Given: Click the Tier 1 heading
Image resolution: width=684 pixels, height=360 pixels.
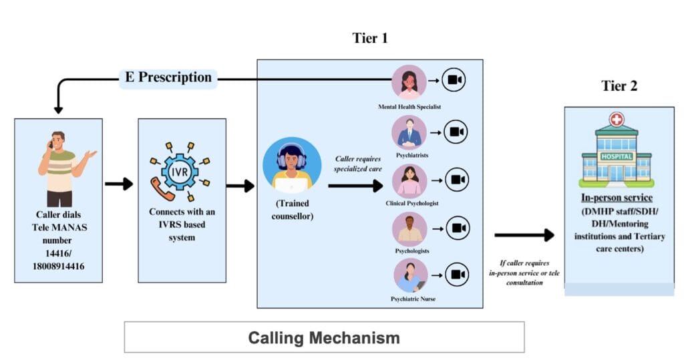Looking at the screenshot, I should point(369,39).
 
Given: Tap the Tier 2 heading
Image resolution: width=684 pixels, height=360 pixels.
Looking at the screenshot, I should point(619,86).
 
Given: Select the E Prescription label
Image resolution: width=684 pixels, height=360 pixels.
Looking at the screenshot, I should point(168,77).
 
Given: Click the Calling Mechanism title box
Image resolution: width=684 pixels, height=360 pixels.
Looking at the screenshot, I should point(324,337).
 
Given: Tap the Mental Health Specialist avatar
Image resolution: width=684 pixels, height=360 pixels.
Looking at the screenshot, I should point(409,82).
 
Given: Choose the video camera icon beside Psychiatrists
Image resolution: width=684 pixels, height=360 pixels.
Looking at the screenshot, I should point(456,132).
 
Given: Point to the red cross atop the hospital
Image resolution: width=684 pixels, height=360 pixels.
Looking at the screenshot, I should point(616,120).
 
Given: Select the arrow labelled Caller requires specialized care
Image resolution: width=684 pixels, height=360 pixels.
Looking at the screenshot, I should point(355,185).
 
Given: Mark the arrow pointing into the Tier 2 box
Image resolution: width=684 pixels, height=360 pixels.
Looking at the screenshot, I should point(524,234).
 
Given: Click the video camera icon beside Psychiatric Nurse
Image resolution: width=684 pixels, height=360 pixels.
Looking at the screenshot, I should point(456,275).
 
